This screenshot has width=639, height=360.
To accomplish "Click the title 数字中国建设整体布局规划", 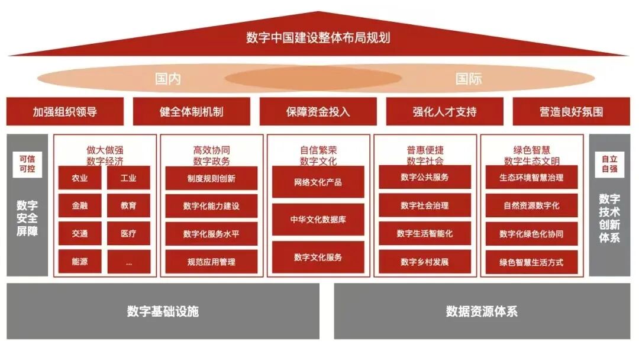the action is (x=318, y=38).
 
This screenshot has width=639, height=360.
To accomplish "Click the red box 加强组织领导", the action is (x=65, y=111).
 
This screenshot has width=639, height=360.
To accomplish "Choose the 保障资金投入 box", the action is (x=318, y=111).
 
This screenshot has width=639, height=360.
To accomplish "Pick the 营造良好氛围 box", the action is (x=571, y=111).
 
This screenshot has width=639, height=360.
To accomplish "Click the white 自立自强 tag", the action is (x=609, y=164).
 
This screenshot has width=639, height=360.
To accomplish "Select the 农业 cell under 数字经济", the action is (x=80, y=178).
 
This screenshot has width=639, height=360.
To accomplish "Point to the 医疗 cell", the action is (x=128, y=233).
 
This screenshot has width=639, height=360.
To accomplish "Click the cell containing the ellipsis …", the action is (x=128, y=261).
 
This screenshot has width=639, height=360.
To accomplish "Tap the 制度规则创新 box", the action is (x=211, y=178).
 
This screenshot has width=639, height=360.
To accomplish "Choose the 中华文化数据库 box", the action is (x=318, y=220).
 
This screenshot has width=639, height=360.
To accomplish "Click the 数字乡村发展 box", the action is (x=424, y=262).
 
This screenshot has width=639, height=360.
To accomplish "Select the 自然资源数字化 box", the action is (x=531, y=205).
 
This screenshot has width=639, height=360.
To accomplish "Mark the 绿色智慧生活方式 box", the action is (x=531, y=262).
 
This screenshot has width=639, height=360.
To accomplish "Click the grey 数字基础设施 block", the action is (x=163, y=311).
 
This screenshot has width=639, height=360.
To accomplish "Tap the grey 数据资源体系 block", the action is (x=482, y=311).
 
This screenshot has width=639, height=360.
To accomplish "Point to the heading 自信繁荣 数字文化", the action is (x=318, y=155).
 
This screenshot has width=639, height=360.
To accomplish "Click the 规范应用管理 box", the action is (x=211, y=262).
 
